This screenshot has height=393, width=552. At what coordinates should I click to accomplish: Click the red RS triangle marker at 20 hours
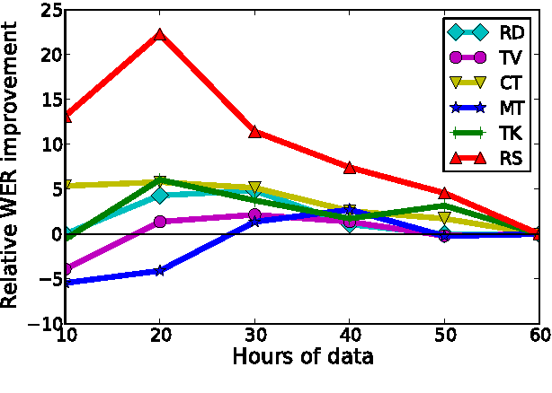pyautogui.click(x=160, y=34)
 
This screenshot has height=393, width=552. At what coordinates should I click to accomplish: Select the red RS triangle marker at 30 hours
pyautogui.click(x=255, y=132)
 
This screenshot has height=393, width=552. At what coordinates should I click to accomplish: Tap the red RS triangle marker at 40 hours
pyautogui.click(x=350, y=168)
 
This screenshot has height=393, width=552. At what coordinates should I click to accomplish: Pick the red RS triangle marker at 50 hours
pyautogui.click(x=444, y=193)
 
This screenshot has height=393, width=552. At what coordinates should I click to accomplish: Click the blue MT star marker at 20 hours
pyautogui.click(x=160, y=270)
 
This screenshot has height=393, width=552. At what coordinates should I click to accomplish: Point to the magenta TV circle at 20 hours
pyautogui.click(x=160, y=221)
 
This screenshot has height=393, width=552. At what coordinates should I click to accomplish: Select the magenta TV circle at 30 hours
pyautogui.click(x=255, y=215)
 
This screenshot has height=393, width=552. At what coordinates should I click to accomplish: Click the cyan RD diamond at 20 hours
pyautogui.click(x=160, y=195)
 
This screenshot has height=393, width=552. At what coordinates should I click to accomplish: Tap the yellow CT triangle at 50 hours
pyautogui.click(x=444, y=218)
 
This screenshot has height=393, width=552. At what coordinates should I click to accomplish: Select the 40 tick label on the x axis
pyautogui.click(x=350, y=335)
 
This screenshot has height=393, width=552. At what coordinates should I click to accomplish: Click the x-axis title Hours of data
pyautogui.click(x=302, y=357)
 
